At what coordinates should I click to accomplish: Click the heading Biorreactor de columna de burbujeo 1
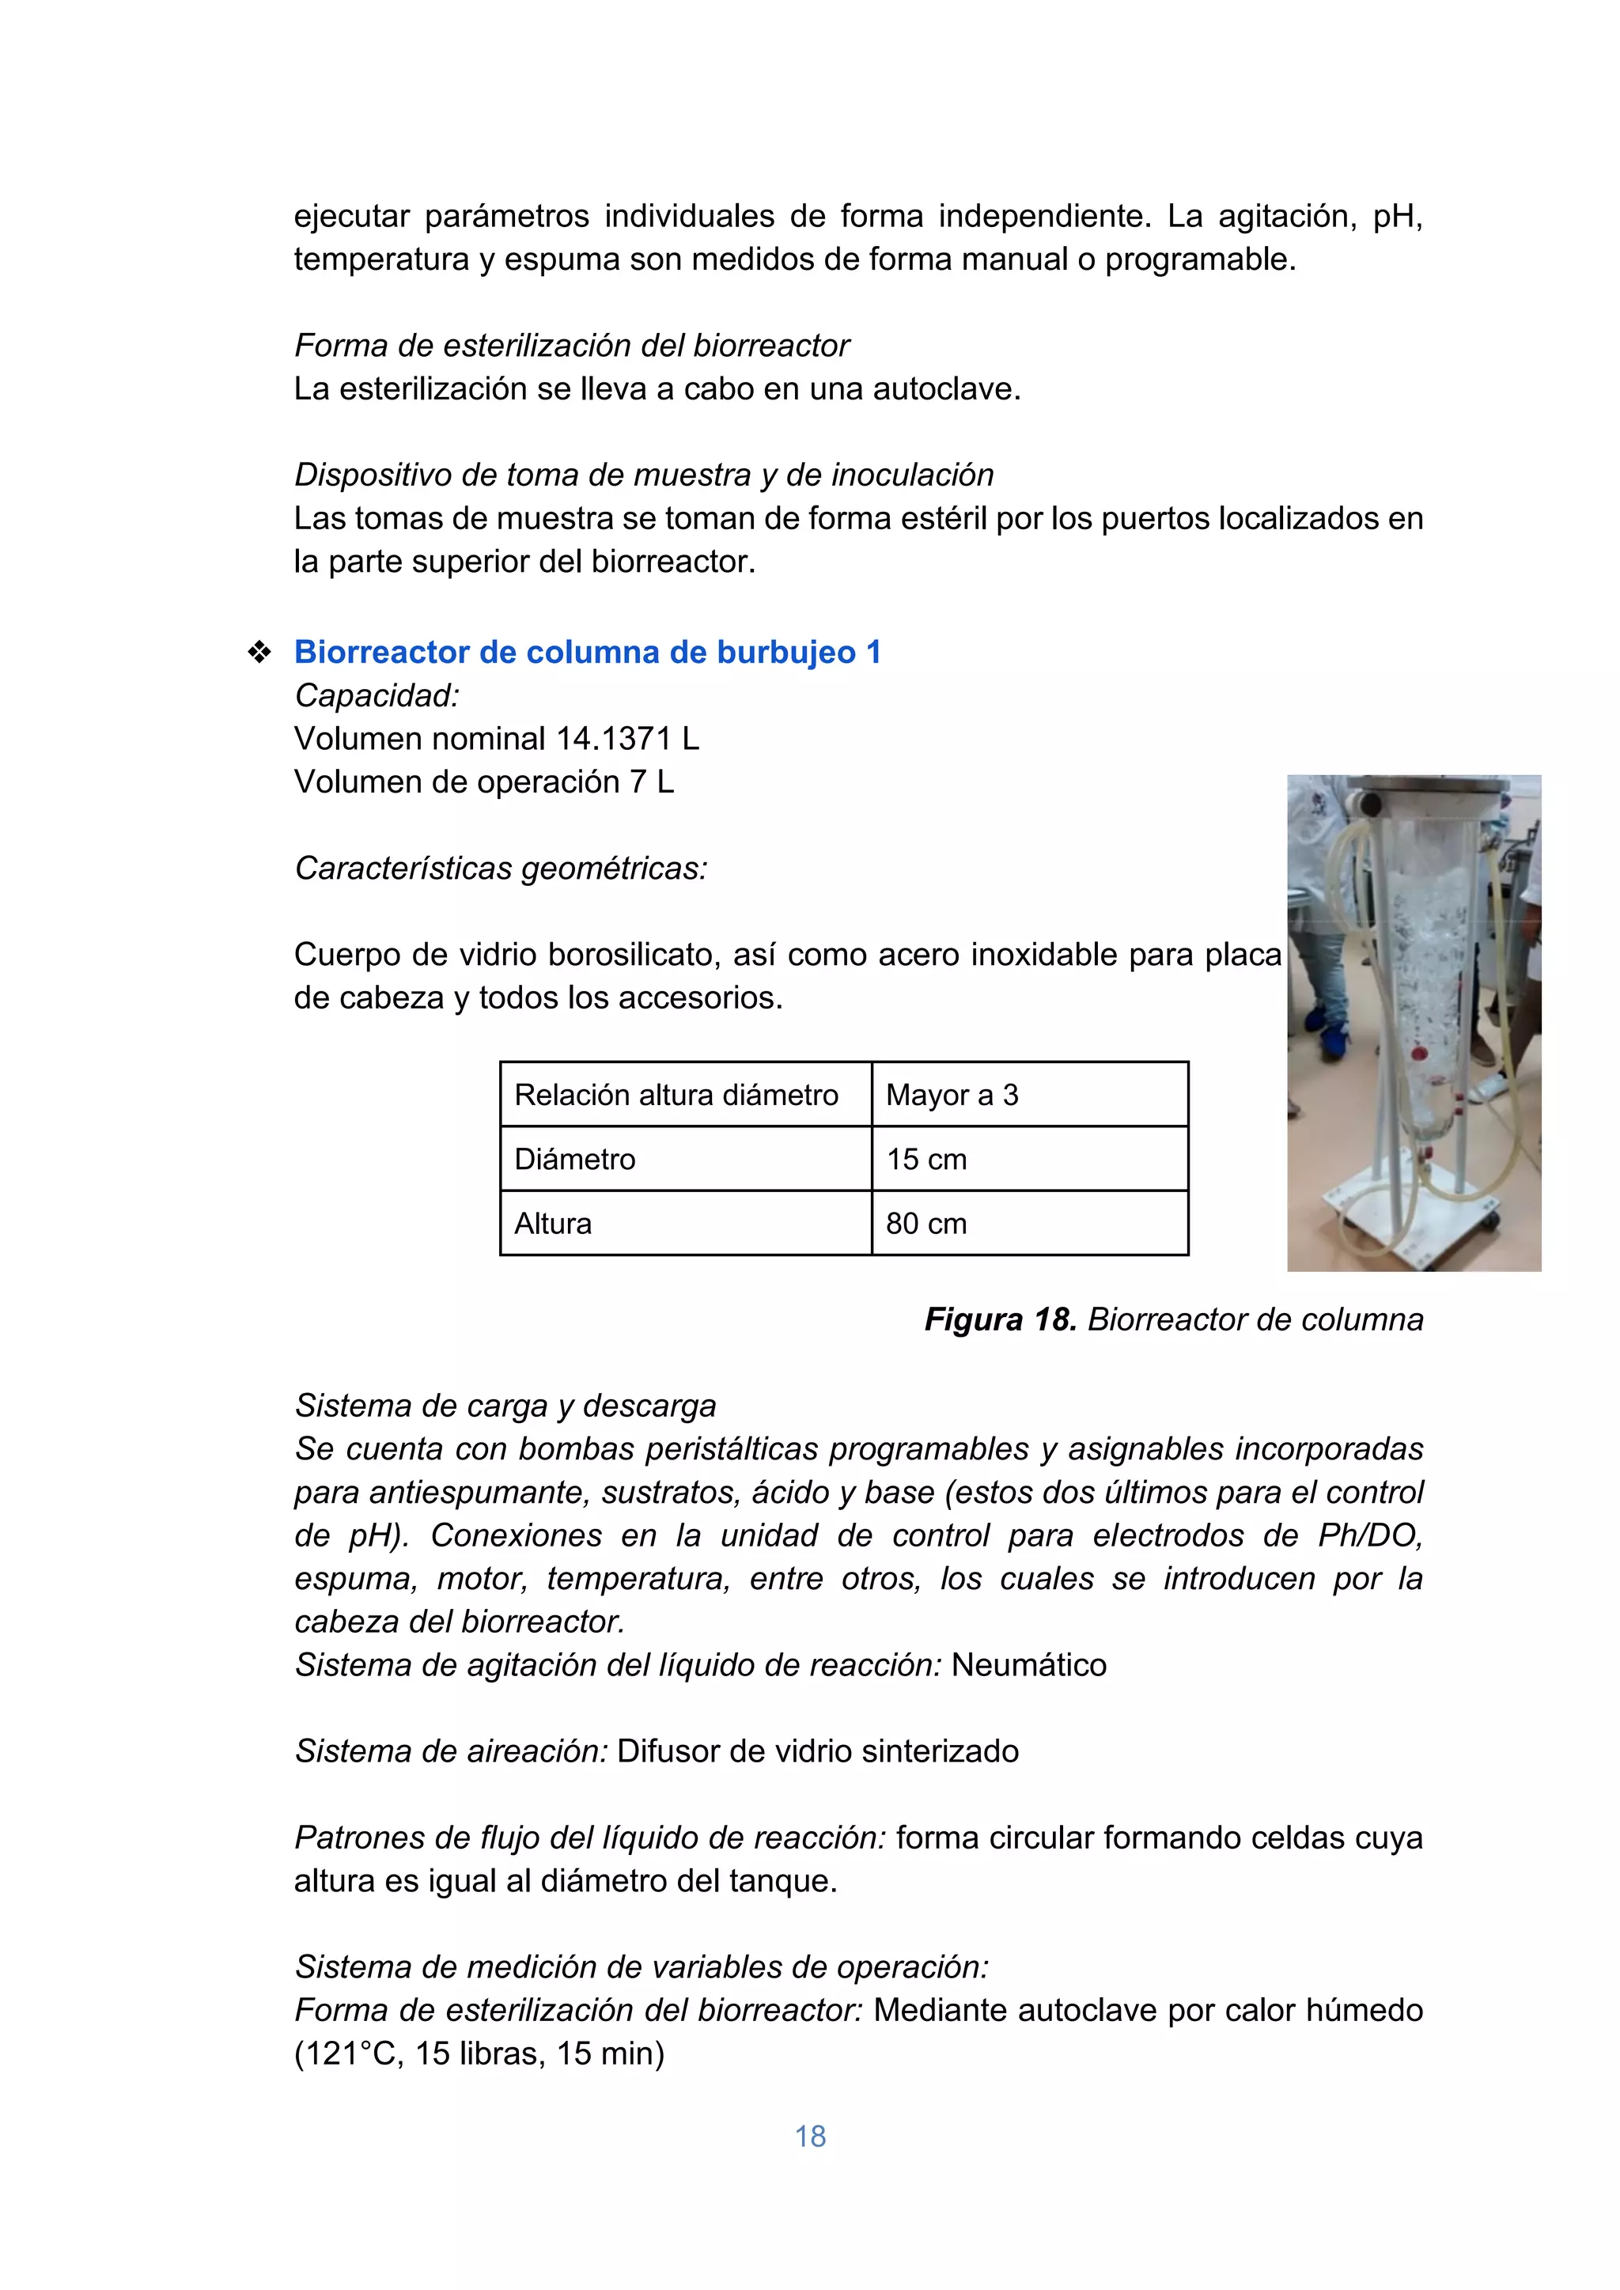(587, 653)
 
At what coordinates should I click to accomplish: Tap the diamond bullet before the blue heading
(259, 653)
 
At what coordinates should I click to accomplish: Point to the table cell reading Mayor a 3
(952, 1095)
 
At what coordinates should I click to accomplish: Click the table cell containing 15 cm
(927, 1159)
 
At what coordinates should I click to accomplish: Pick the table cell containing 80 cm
(927, 1224)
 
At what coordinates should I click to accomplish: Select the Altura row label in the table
(553, 1224)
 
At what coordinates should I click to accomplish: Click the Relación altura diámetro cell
(676, 1095)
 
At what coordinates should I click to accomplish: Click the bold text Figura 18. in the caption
(1000, 1319)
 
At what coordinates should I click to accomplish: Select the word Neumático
(1028, 1666)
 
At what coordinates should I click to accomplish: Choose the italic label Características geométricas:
(501, 869)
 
